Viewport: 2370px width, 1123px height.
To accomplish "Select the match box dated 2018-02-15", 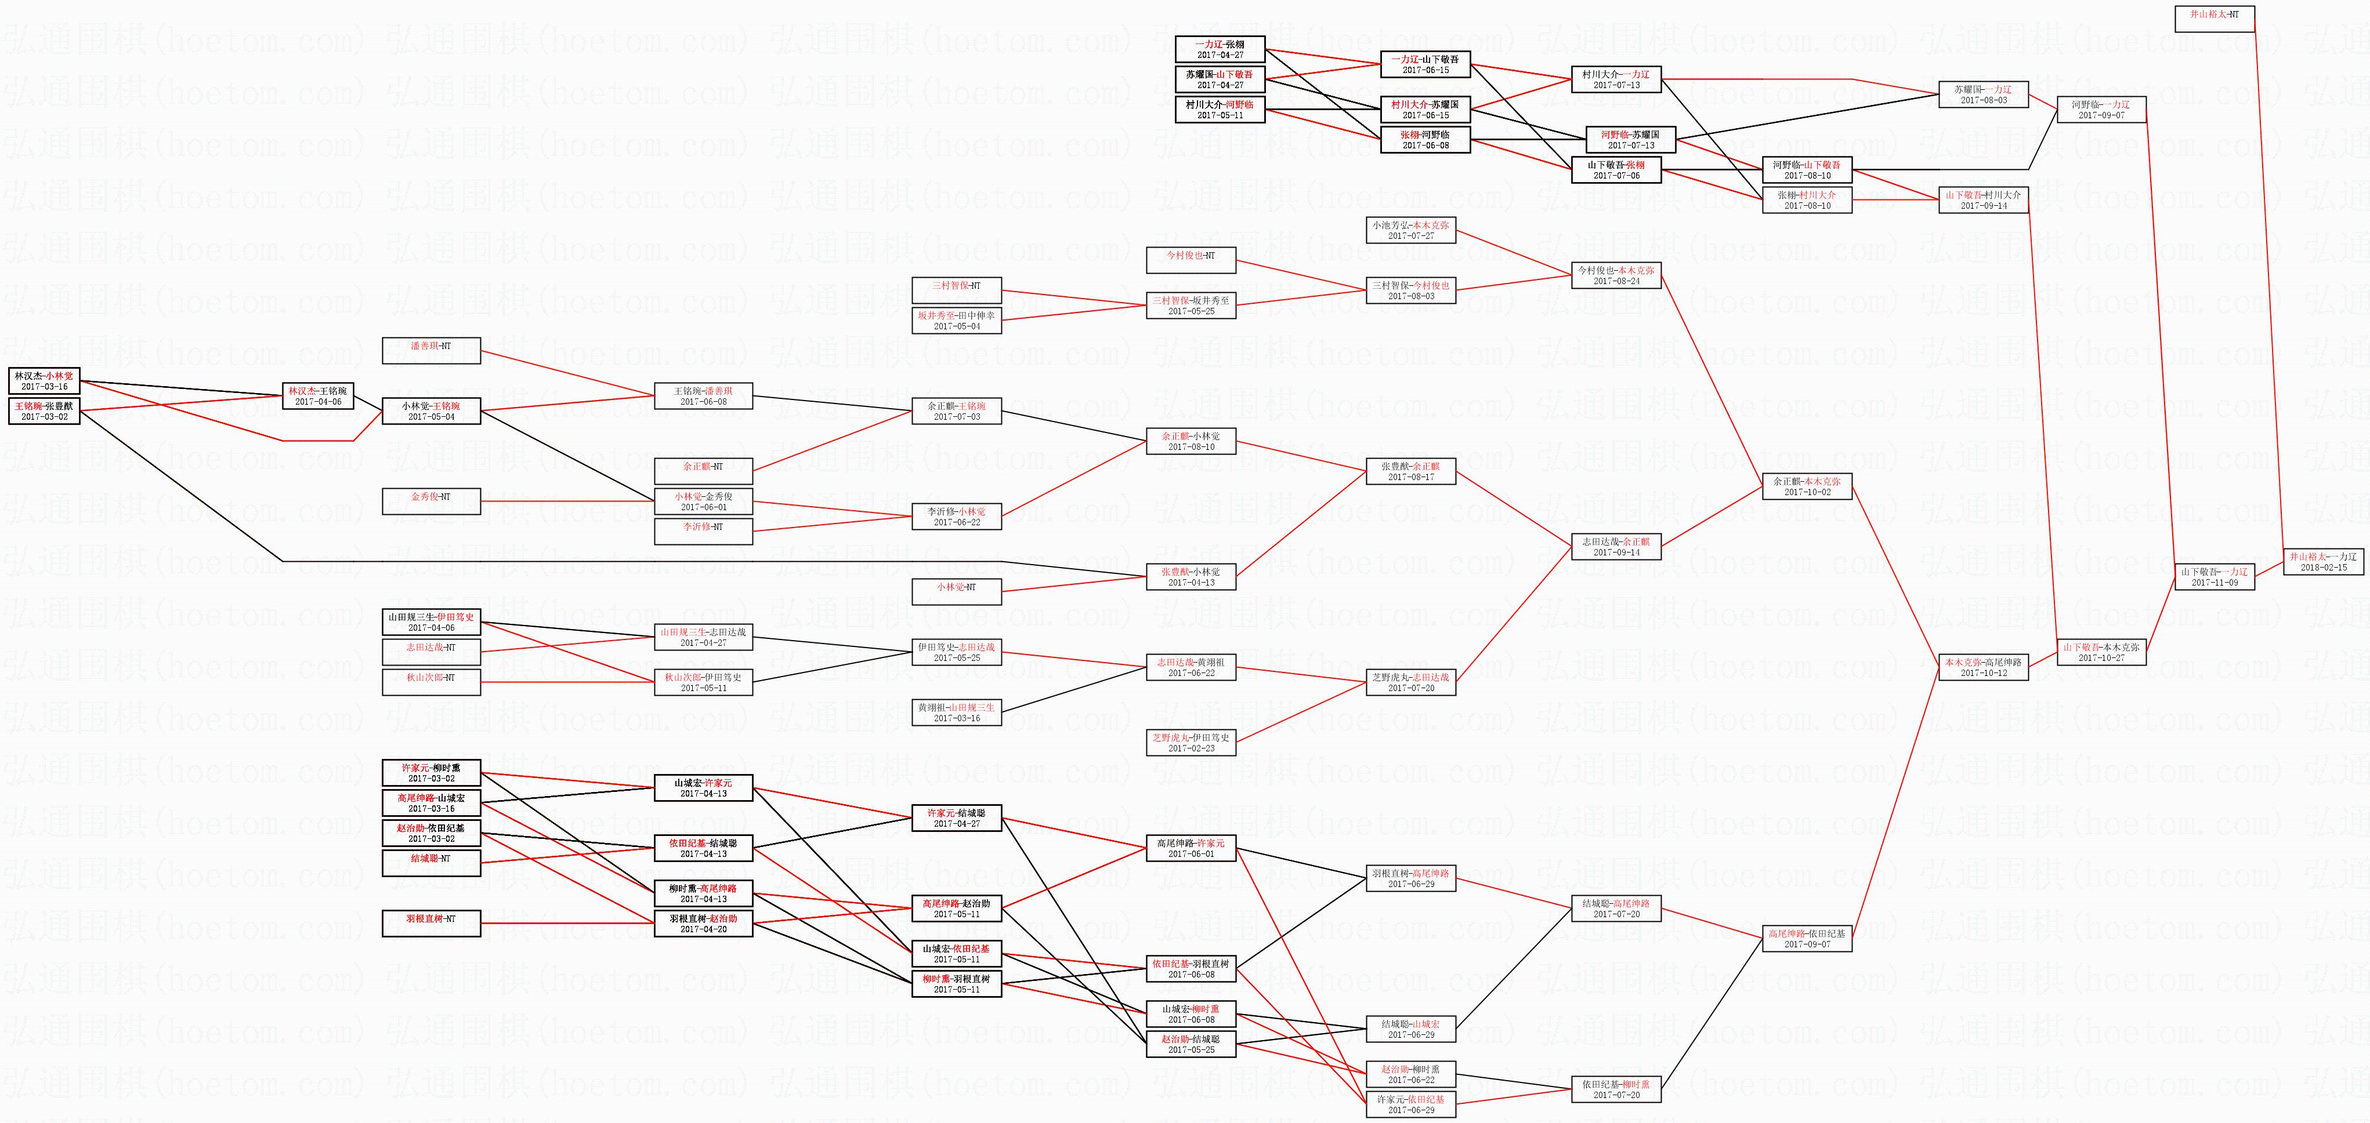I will coord(2323,562).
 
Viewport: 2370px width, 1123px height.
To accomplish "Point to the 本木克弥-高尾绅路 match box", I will coord(1982,667).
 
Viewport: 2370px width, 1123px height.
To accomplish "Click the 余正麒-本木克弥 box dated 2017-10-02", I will coord(1807,486).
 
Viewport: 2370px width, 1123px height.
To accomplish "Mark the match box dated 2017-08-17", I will coord(1410,471).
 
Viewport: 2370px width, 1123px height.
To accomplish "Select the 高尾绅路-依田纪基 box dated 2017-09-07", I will coord(1807,938).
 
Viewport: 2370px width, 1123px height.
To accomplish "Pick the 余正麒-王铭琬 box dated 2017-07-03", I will coord(956,411).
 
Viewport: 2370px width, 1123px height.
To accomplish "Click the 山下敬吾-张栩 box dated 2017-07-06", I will coord(1616,170).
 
